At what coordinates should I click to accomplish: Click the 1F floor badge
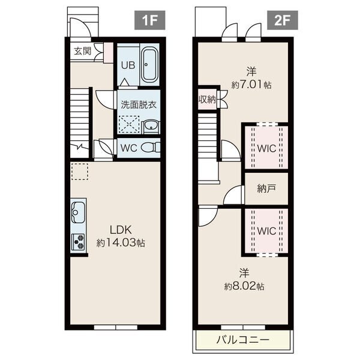(x=149, y=20)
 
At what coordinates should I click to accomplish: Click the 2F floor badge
(x=283, y=20)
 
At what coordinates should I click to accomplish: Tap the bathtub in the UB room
(x=149, y=65)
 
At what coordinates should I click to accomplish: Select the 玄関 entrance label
(x=83, y=51)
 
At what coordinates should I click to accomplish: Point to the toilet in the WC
(x=151, y=148)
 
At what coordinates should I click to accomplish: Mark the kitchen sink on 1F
(x=78, y=212)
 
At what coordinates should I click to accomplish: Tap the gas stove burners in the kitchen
(x=78, y=242)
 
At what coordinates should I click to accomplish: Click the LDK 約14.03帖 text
(x=121, y=236)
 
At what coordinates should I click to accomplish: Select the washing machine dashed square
(x=129, y=124)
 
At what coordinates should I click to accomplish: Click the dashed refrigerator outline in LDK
(x=80, y=171)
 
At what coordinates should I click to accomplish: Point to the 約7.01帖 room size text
(x=251, y=85)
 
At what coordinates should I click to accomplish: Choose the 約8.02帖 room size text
(x=244, y=286)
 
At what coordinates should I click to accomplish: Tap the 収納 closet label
(x=208, y=100)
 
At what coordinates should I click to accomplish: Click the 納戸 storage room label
(x=266, y=188)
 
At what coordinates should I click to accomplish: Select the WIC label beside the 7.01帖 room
(x=266, y=149)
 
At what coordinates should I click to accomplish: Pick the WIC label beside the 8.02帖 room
(x=266, y=231)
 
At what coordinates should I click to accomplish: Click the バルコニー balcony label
(x=242, y=340)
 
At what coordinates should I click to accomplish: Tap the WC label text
(x=129, y=148)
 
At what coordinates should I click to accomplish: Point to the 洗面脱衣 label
(x=139, y=104)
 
